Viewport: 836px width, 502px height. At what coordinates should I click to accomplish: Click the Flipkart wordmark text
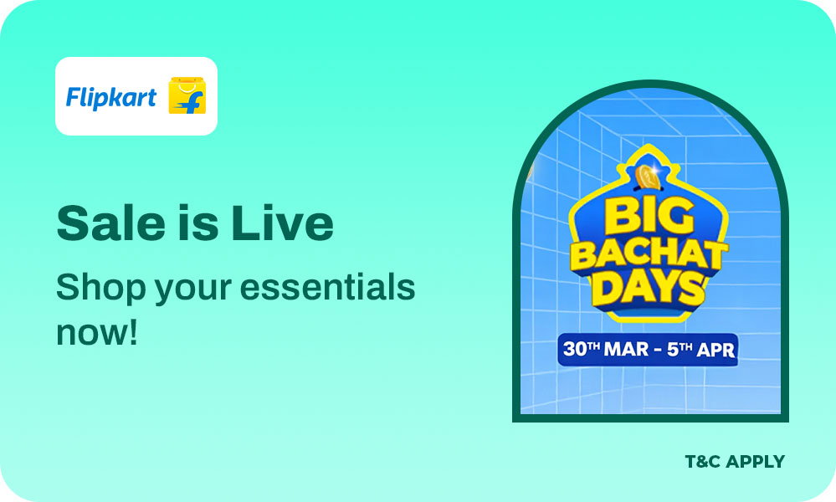tap(111, 97)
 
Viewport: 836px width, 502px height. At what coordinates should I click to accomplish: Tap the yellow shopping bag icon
tap(187, 96)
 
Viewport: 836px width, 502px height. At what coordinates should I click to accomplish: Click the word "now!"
tap(96, 332)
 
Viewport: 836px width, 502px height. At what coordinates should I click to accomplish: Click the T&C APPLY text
tap(734, 461)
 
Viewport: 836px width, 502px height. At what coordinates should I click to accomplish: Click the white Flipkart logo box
tap(136, 96)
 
